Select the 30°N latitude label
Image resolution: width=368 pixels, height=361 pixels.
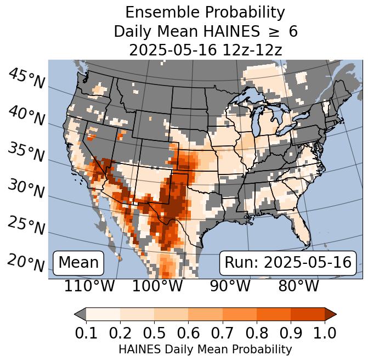[x=26, y=189]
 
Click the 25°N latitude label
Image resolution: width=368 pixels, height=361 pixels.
[x=26, y=225]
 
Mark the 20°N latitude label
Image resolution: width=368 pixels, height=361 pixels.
[x=26, y=262]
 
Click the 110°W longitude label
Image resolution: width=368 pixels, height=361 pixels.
[x=89, y=286]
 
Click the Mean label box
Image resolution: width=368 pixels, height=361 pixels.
[x=78, y=263]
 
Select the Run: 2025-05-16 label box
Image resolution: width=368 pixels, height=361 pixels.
[x=288, y=263]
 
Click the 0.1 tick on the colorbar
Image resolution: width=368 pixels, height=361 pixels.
[x=86, y=332]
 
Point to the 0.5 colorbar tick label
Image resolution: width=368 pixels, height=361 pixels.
[x=154, y=332]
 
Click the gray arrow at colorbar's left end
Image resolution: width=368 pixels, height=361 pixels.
[x=80, y=314]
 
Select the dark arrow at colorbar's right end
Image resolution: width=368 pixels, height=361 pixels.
[x=330, y=314]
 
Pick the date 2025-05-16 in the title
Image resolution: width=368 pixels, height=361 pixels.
[x=171, y=50]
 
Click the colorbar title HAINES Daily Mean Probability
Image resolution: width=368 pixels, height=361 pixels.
[x=205, y=349]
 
